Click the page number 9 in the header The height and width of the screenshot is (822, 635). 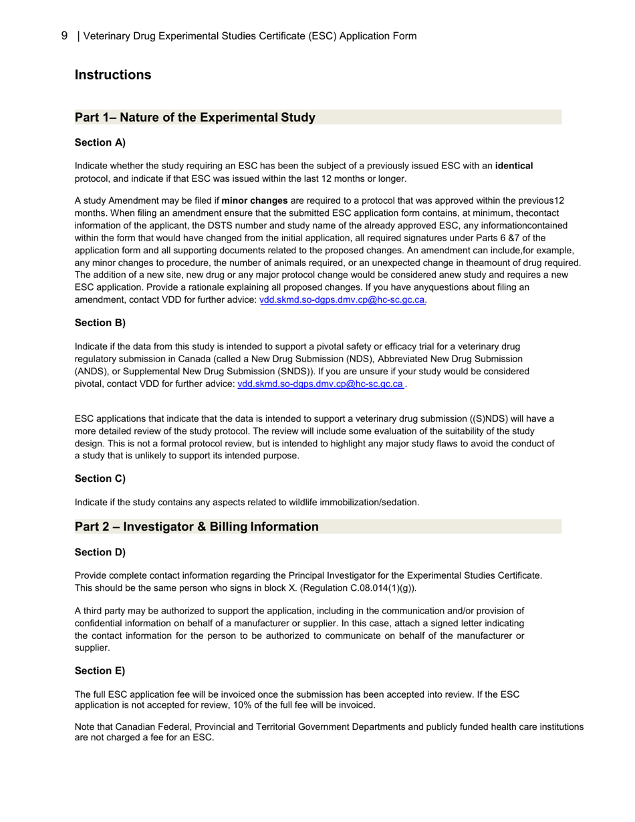64,35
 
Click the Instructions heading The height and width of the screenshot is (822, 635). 113,75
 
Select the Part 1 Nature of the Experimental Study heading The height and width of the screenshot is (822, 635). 195,118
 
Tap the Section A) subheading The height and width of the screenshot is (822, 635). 100,142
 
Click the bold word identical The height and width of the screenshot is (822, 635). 513,166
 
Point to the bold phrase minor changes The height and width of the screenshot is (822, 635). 255,200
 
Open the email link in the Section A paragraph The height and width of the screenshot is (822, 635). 342,300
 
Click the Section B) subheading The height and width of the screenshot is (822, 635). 100,323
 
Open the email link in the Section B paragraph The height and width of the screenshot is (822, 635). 320,384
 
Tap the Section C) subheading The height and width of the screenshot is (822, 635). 100,478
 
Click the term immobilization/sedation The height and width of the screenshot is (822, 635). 368,503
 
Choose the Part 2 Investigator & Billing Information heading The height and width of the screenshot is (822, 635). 197,527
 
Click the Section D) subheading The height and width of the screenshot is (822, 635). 100,552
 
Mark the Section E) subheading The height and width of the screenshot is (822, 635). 100,671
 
